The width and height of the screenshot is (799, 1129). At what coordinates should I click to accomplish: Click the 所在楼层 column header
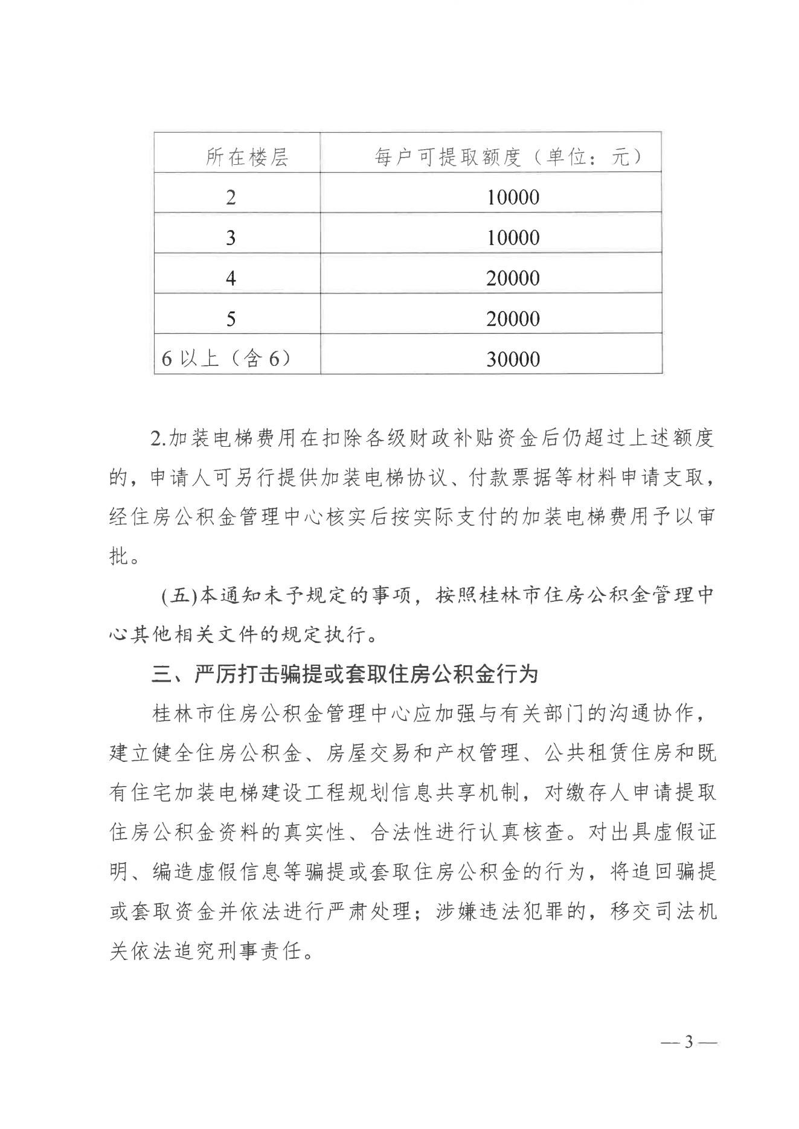click(247, 158)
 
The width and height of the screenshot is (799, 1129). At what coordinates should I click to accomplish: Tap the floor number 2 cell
click(231, 197)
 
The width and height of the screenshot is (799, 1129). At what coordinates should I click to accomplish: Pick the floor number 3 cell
click(231, 238)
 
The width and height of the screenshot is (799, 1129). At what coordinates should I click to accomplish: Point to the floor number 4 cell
click(231, 278)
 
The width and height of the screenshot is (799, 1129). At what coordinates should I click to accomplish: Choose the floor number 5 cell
click(231, 319)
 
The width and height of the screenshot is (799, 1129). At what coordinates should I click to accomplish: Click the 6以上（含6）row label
click(226, 359)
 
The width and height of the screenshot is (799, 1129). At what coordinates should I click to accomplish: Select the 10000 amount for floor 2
click(513, 197)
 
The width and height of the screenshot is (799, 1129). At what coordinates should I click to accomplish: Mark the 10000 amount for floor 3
click(513, 238)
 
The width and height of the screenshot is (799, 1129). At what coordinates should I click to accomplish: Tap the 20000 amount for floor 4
click(513, 278)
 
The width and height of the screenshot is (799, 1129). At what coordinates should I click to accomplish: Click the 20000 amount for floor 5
click(513, 319)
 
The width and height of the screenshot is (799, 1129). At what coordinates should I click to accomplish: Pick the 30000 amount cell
click(513, 359)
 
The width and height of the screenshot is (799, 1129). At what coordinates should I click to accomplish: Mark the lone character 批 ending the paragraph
click(119, 556)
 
